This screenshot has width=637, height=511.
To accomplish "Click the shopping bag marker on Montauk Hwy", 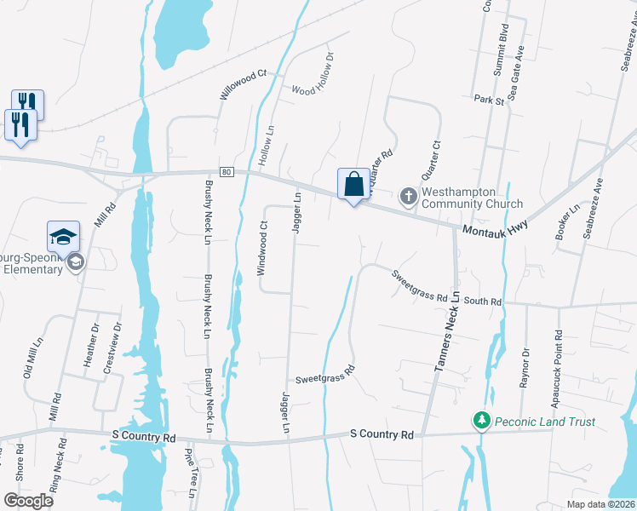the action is tap(353, 184).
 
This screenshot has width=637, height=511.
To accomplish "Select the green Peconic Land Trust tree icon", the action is tap(482, 421).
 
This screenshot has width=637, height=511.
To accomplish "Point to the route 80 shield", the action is tap(226, 172).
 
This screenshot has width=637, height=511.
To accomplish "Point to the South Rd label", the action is tap(483, 301).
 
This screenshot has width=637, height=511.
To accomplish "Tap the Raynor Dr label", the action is tap(525, 367).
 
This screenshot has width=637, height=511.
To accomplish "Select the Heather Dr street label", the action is tap(90, 345).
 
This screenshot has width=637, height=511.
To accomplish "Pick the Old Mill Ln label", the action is tap(30, 358).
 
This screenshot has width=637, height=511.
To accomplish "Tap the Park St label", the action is tap(489, 100).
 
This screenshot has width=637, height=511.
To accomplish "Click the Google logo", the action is tap(28, 501).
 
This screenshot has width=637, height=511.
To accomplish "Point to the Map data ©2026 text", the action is tap(600, 504).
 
